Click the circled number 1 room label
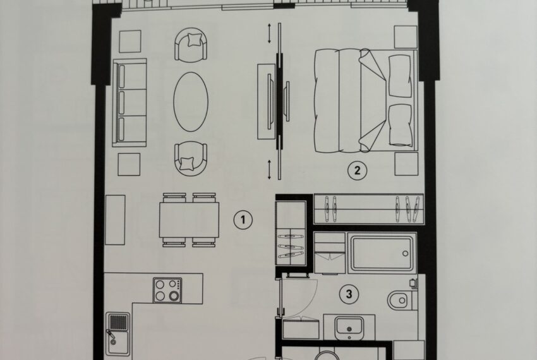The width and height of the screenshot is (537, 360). coord(243,220)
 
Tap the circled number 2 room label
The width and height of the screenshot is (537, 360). coord(357,171)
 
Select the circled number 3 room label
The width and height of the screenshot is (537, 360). coord(349,294)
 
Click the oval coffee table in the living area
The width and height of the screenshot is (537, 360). coord(191,102)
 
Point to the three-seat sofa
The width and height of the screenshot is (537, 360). coord(129,103)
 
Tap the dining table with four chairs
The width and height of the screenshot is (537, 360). coord(189,220)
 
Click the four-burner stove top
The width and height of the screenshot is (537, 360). coord(167,290)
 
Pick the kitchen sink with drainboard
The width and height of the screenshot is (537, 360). coord(118,334)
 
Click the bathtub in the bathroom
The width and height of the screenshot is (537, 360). coord(382,253)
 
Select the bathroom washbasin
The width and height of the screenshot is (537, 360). coord(349,328)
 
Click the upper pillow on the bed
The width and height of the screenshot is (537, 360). coord(400,76)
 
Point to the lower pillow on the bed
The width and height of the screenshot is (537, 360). coord(401,125)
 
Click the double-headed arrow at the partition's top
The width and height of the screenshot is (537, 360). coord(270,33)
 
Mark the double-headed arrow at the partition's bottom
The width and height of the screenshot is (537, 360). coord(270,169)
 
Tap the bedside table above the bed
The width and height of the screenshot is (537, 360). coord(406,37)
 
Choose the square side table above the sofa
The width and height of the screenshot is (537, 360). coord(130,42)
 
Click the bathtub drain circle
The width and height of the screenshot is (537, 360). coord(406,254)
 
